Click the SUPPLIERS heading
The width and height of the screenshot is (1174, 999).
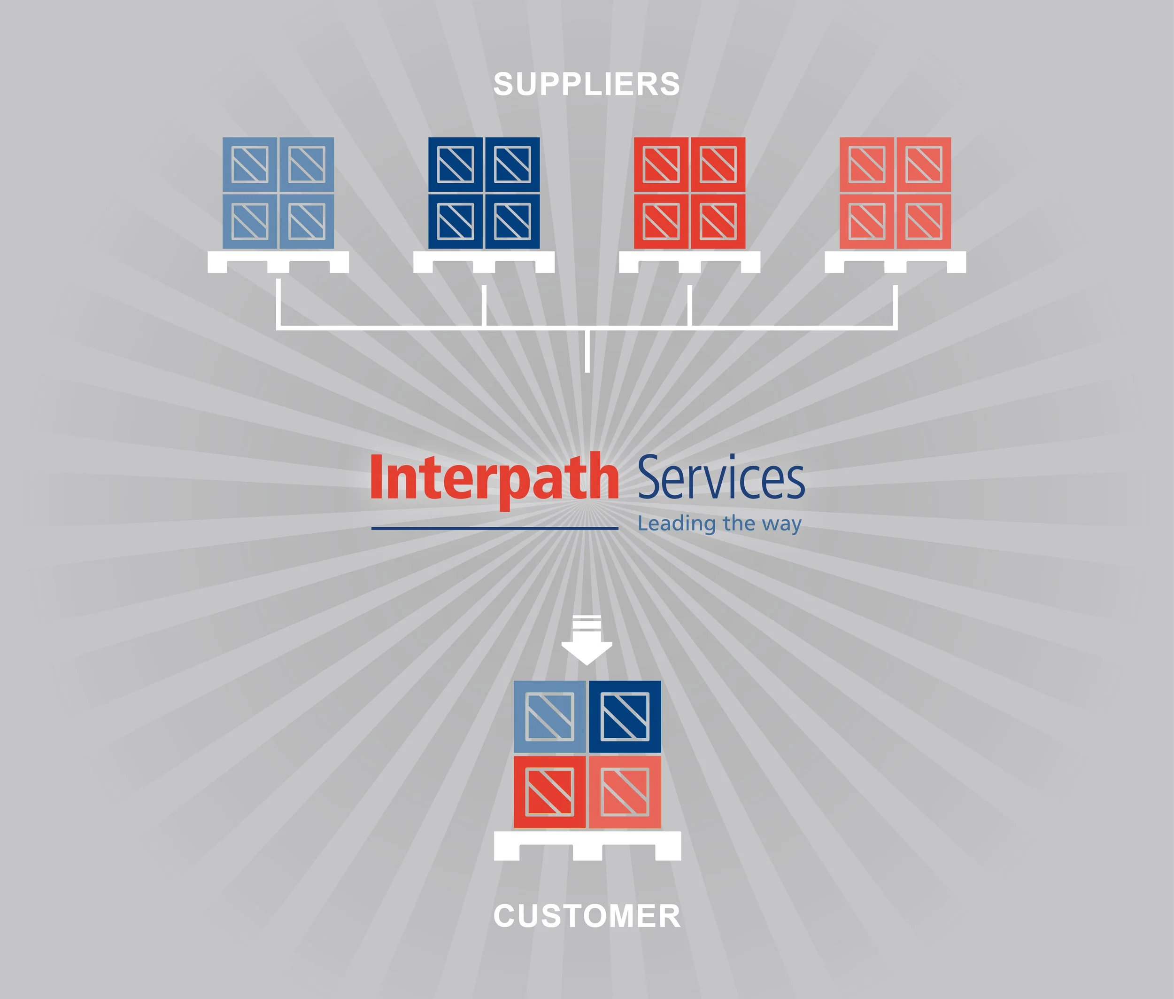pos(587,85)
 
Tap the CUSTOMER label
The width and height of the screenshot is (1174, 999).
pos(587,916)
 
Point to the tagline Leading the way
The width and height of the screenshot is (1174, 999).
pos(719,523)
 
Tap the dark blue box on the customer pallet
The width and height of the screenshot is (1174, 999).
pos(625,717)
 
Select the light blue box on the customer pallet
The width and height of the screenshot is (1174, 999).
pos(549,717)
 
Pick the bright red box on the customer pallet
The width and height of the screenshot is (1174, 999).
pos(549,792)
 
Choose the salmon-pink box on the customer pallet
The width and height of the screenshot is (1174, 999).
pos(625,792)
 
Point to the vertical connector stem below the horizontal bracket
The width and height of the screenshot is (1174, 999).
pos(587,351)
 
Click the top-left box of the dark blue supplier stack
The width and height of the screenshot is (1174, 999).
pos(456,165)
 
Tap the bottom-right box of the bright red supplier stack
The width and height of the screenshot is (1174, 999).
pos(718,221)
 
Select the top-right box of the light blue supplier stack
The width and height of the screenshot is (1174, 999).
pos(306,165)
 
